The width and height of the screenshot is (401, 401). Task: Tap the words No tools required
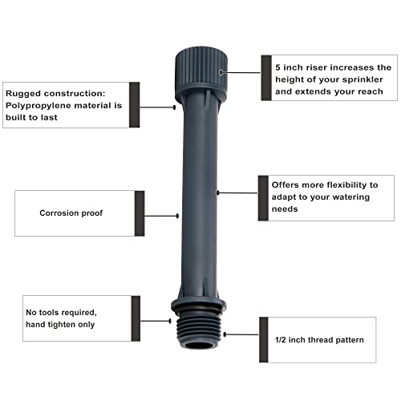pos(60,312)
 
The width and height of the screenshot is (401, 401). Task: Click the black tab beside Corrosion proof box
pos(140,213)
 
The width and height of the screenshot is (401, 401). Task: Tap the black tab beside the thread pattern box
pos(264,340)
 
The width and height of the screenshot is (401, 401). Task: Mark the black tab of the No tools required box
pos(136,318)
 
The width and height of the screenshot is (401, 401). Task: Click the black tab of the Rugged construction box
pos(134,104)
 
